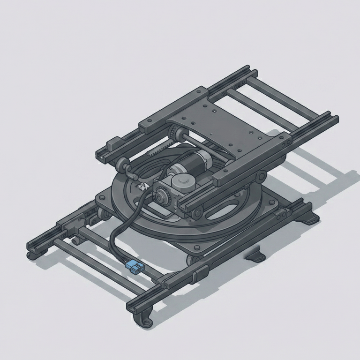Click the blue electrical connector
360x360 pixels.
(134, 268)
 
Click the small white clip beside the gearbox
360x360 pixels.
(140, 187)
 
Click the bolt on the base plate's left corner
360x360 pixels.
(100, 198)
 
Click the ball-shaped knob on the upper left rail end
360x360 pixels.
(123, 164)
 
